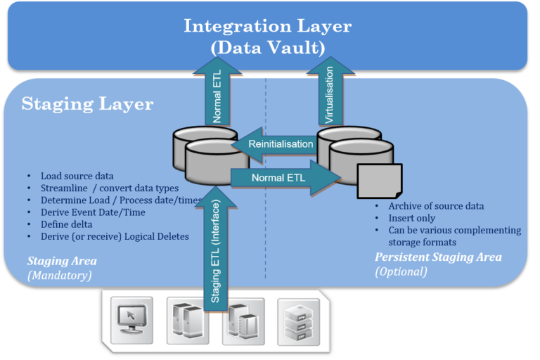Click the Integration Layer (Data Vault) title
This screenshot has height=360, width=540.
267,36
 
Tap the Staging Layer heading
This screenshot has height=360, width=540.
87,104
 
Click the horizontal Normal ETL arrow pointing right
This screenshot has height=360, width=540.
281,178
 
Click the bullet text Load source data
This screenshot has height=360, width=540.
77,176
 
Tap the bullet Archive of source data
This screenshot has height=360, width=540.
436,206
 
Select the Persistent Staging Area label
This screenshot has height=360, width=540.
438,257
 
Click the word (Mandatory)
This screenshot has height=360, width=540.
60,276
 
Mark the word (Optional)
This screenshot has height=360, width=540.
401,271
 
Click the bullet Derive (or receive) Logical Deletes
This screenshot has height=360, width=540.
115,236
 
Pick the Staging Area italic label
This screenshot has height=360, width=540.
62,261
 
